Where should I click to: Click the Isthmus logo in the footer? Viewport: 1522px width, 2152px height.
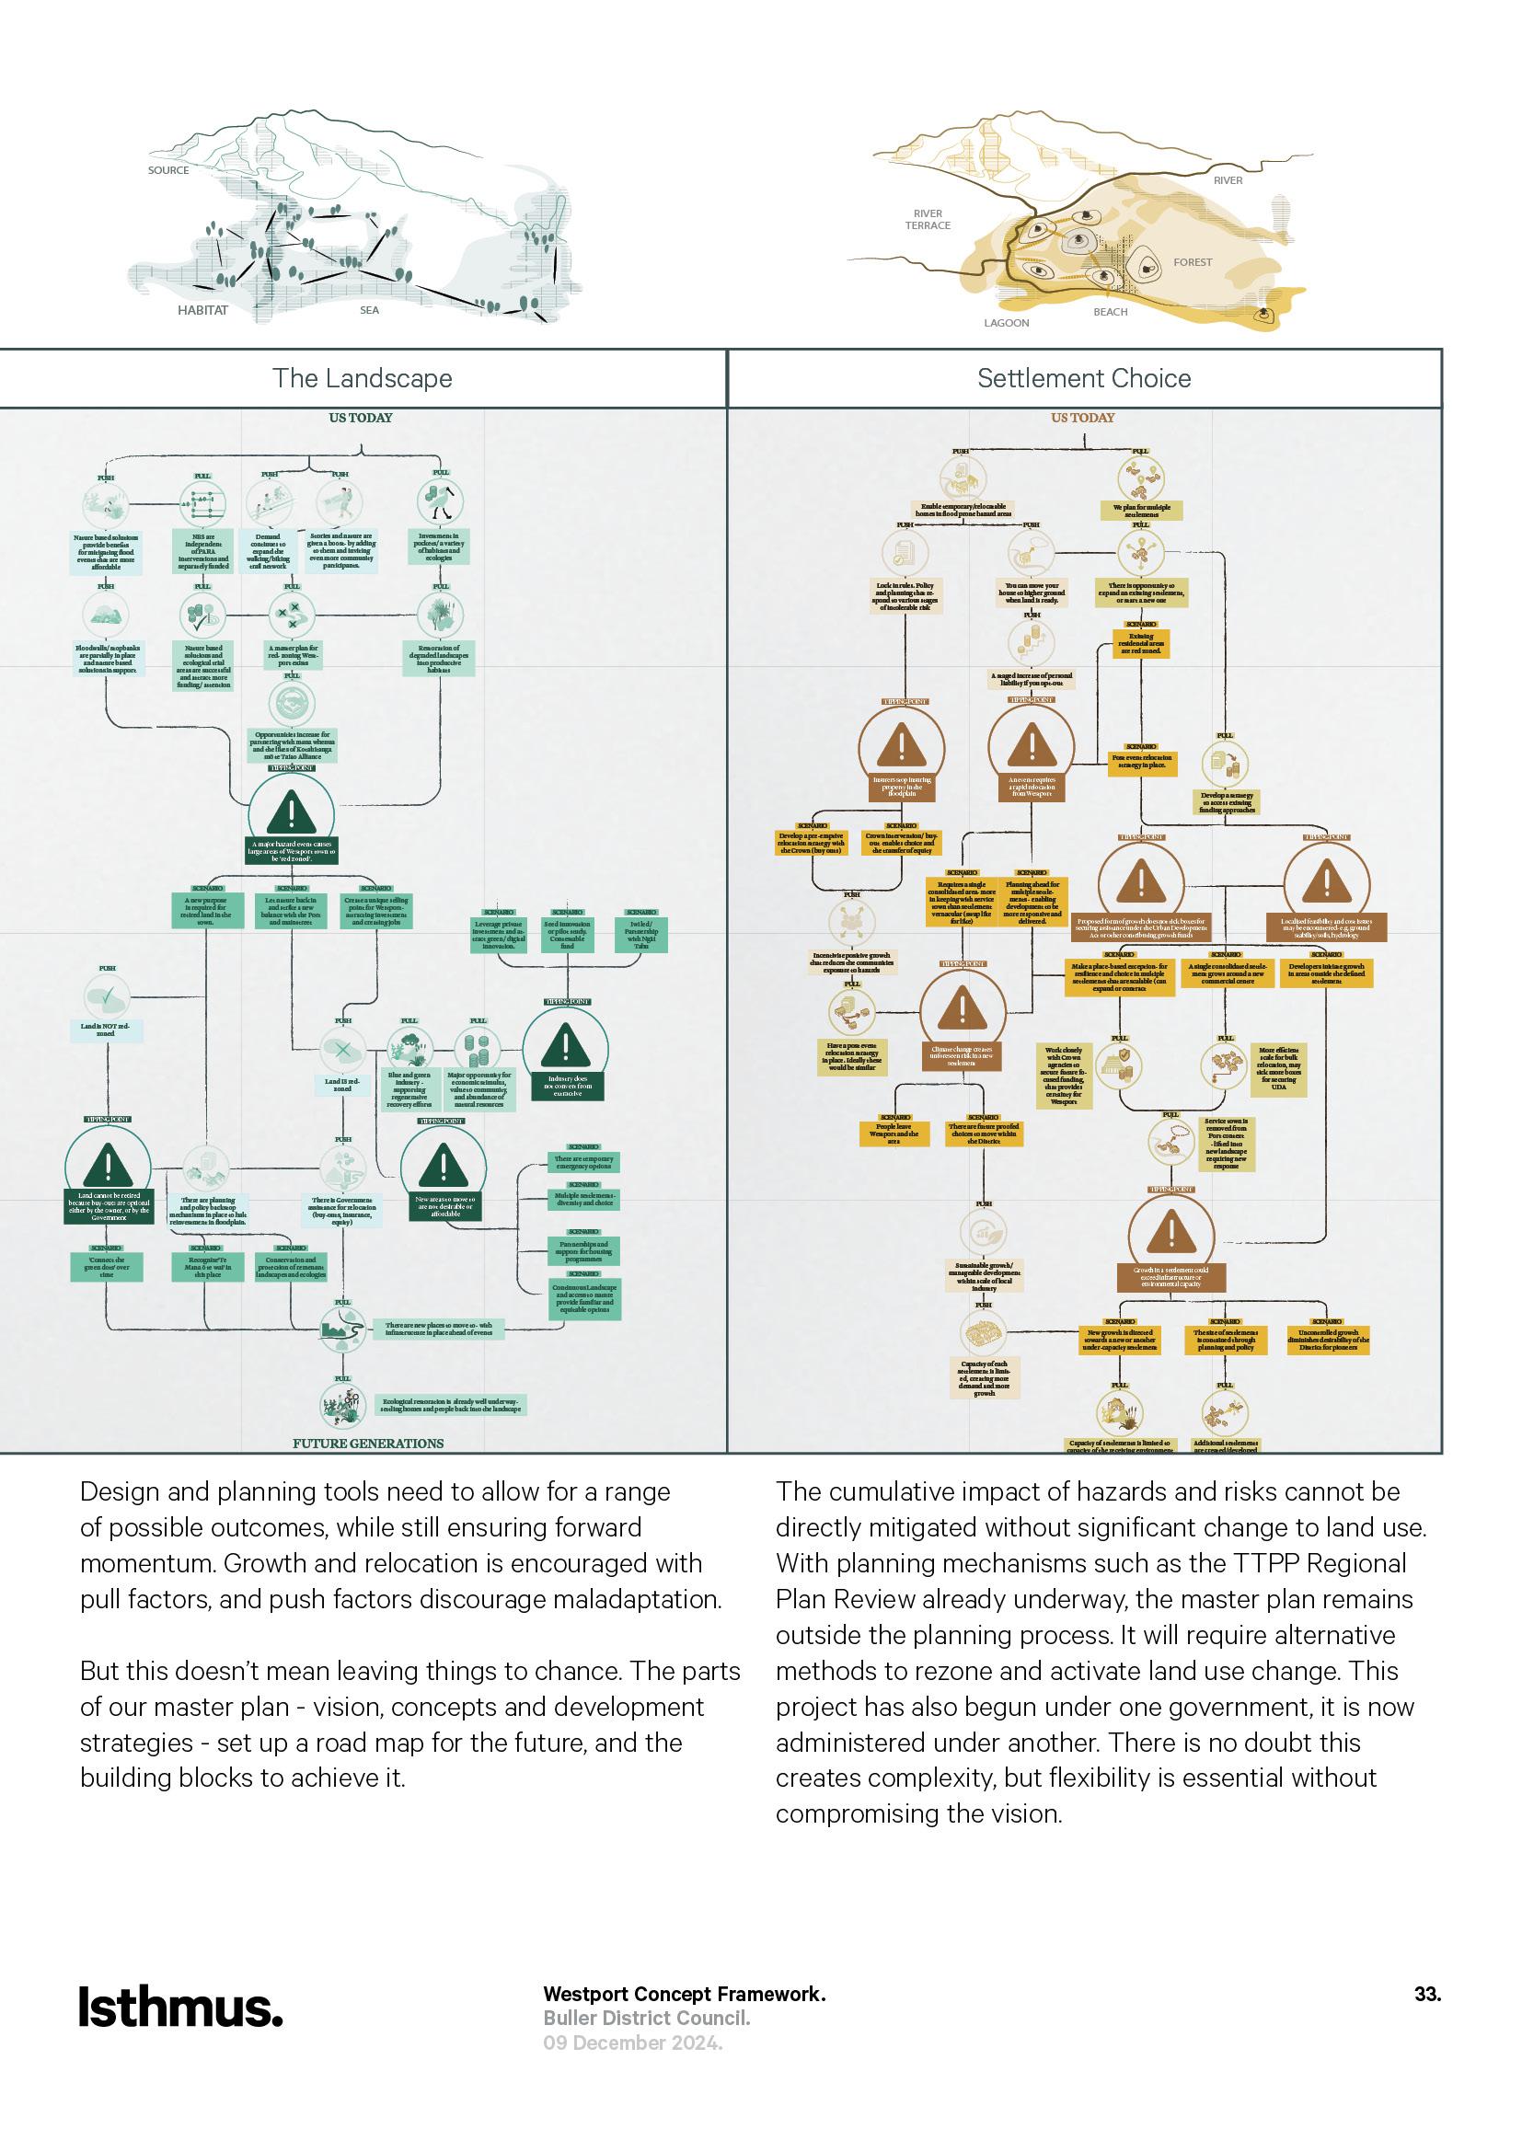(x=180, y=2008)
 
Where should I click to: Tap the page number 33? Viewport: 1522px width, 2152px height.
(x=1426, y=1995)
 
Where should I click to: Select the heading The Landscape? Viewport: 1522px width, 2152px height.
(x=362, y=379)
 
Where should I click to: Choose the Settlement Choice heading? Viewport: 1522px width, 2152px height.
(x=1083, y=379)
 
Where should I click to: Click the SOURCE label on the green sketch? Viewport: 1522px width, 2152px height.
(x=168, y=170)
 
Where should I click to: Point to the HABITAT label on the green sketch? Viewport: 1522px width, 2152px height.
(x=202, y=310)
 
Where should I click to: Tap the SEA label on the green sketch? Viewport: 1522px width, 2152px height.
(x=369, y=310)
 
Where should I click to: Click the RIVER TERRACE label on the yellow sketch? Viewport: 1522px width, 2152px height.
(x=928, y=219)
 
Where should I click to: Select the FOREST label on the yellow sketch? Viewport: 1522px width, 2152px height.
(x=1192, y=262)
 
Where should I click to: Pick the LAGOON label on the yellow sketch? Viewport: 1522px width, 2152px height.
(x=1007, y=323)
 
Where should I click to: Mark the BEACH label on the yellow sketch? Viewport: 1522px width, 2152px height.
(x=1111, y=312)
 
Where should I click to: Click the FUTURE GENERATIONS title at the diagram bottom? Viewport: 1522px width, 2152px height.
(x=368, y=1444)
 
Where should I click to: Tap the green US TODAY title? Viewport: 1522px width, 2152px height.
(x=361, y=418)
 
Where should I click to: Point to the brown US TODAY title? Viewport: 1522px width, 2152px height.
(x=1082, y=418)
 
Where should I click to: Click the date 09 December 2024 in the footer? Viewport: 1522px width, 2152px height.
(x=632, y=2043)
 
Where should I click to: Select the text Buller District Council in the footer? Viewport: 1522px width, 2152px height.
(x=647, y=2019)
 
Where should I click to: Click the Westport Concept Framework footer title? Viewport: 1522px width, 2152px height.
(x=684, y=1995)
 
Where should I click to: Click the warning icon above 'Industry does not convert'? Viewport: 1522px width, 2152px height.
(x=565, y=1044)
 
